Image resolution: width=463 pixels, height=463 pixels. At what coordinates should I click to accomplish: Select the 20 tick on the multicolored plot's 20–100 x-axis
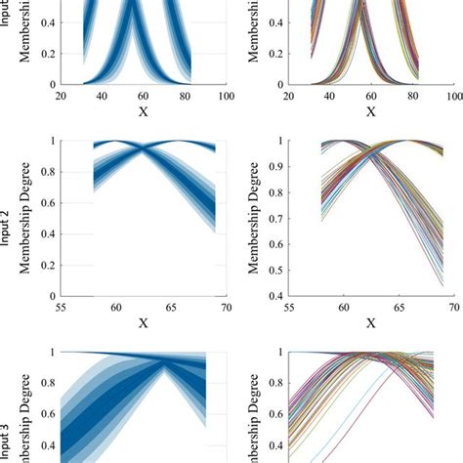(287, 98)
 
